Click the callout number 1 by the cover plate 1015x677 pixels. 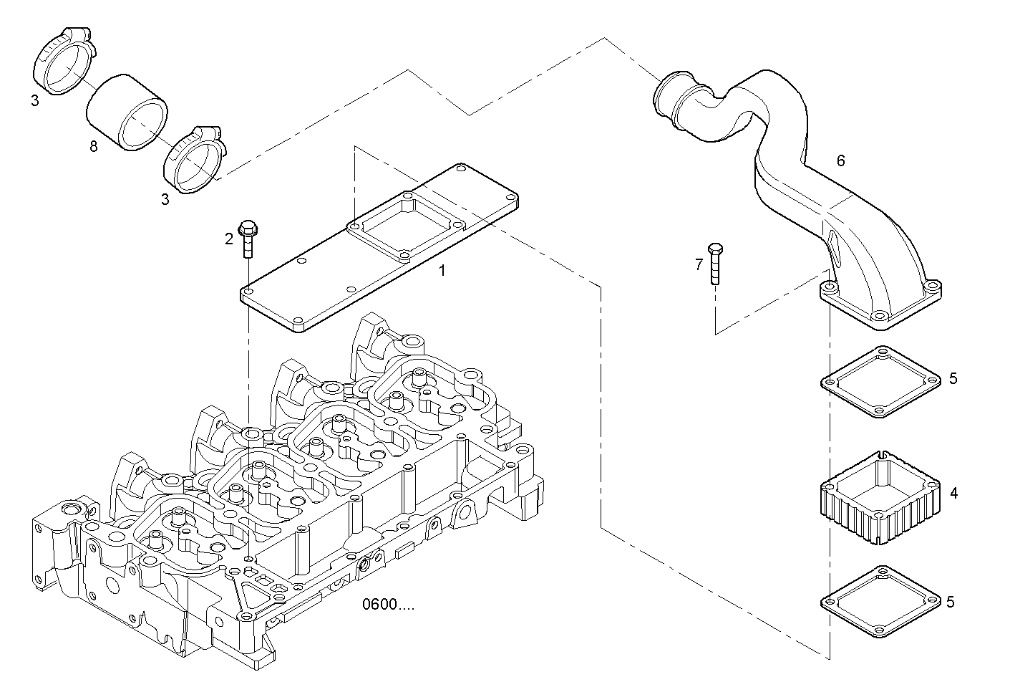(442, 271)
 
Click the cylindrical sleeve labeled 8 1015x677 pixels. (127, 112)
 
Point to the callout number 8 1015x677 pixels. (93, 147)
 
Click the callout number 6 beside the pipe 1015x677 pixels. (840, 161)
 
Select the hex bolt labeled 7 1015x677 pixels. (714, 264)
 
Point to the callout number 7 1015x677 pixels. (699, 265)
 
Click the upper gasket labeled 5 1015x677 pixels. (880, 382)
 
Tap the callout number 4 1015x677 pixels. (953, 494)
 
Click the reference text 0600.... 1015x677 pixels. (387, 605)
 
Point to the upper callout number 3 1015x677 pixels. (34, 101)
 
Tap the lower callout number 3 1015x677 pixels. (165, 200)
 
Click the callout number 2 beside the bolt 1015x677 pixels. (229, 239)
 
